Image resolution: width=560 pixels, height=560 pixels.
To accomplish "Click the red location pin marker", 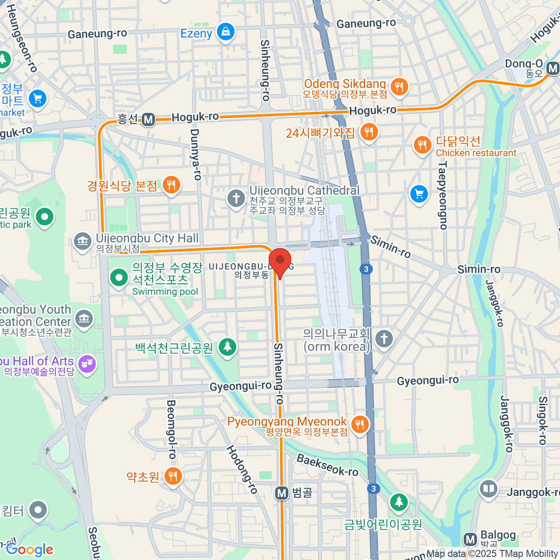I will coord(280,261).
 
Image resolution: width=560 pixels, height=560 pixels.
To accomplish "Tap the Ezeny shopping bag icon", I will coord(226,32).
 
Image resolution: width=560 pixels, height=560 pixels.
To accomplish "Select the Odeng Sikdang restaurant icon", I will coord(399,86).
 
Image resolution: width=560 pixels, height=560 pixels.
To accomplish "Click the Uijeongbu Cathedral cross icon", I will coord(236,198).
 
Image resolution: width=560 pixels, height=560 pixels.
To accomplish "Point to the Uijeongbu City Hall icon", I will coord(83,241).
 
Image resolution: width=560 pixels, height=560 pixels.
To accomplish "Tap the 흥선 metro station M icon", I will coord(148,119).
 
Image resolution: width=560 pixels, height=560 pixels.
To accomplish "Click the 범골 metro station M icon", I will coord(281,493).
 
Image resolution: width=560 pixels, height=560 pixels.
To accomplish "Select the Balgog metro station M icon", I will coord(470,539).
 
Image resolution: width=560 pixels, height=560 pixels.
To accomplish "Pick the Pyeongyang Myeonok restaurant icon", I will coord(359,424).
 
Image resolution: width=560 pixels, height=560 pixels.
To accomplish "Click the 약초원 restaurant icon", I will coord(173,476).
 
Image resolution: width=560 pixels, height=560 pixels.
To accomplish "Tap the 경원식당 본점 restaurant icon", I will coord(171,185).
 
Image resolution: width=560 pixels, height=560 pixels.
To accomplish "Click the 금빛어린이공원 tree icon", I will coord(399,502).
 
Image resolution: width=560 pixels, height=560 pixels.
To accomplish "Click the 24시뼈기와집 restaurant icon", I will coord(369,132).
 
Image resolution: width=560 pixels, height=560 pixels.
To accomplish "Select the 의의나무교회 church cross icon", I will coord(384,339).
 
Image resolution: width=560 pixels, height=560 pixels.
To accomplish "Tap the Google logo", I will coord(30,550).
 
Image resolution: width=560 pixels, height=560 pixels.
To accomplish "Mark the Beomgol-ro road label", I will coord(171,429).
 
